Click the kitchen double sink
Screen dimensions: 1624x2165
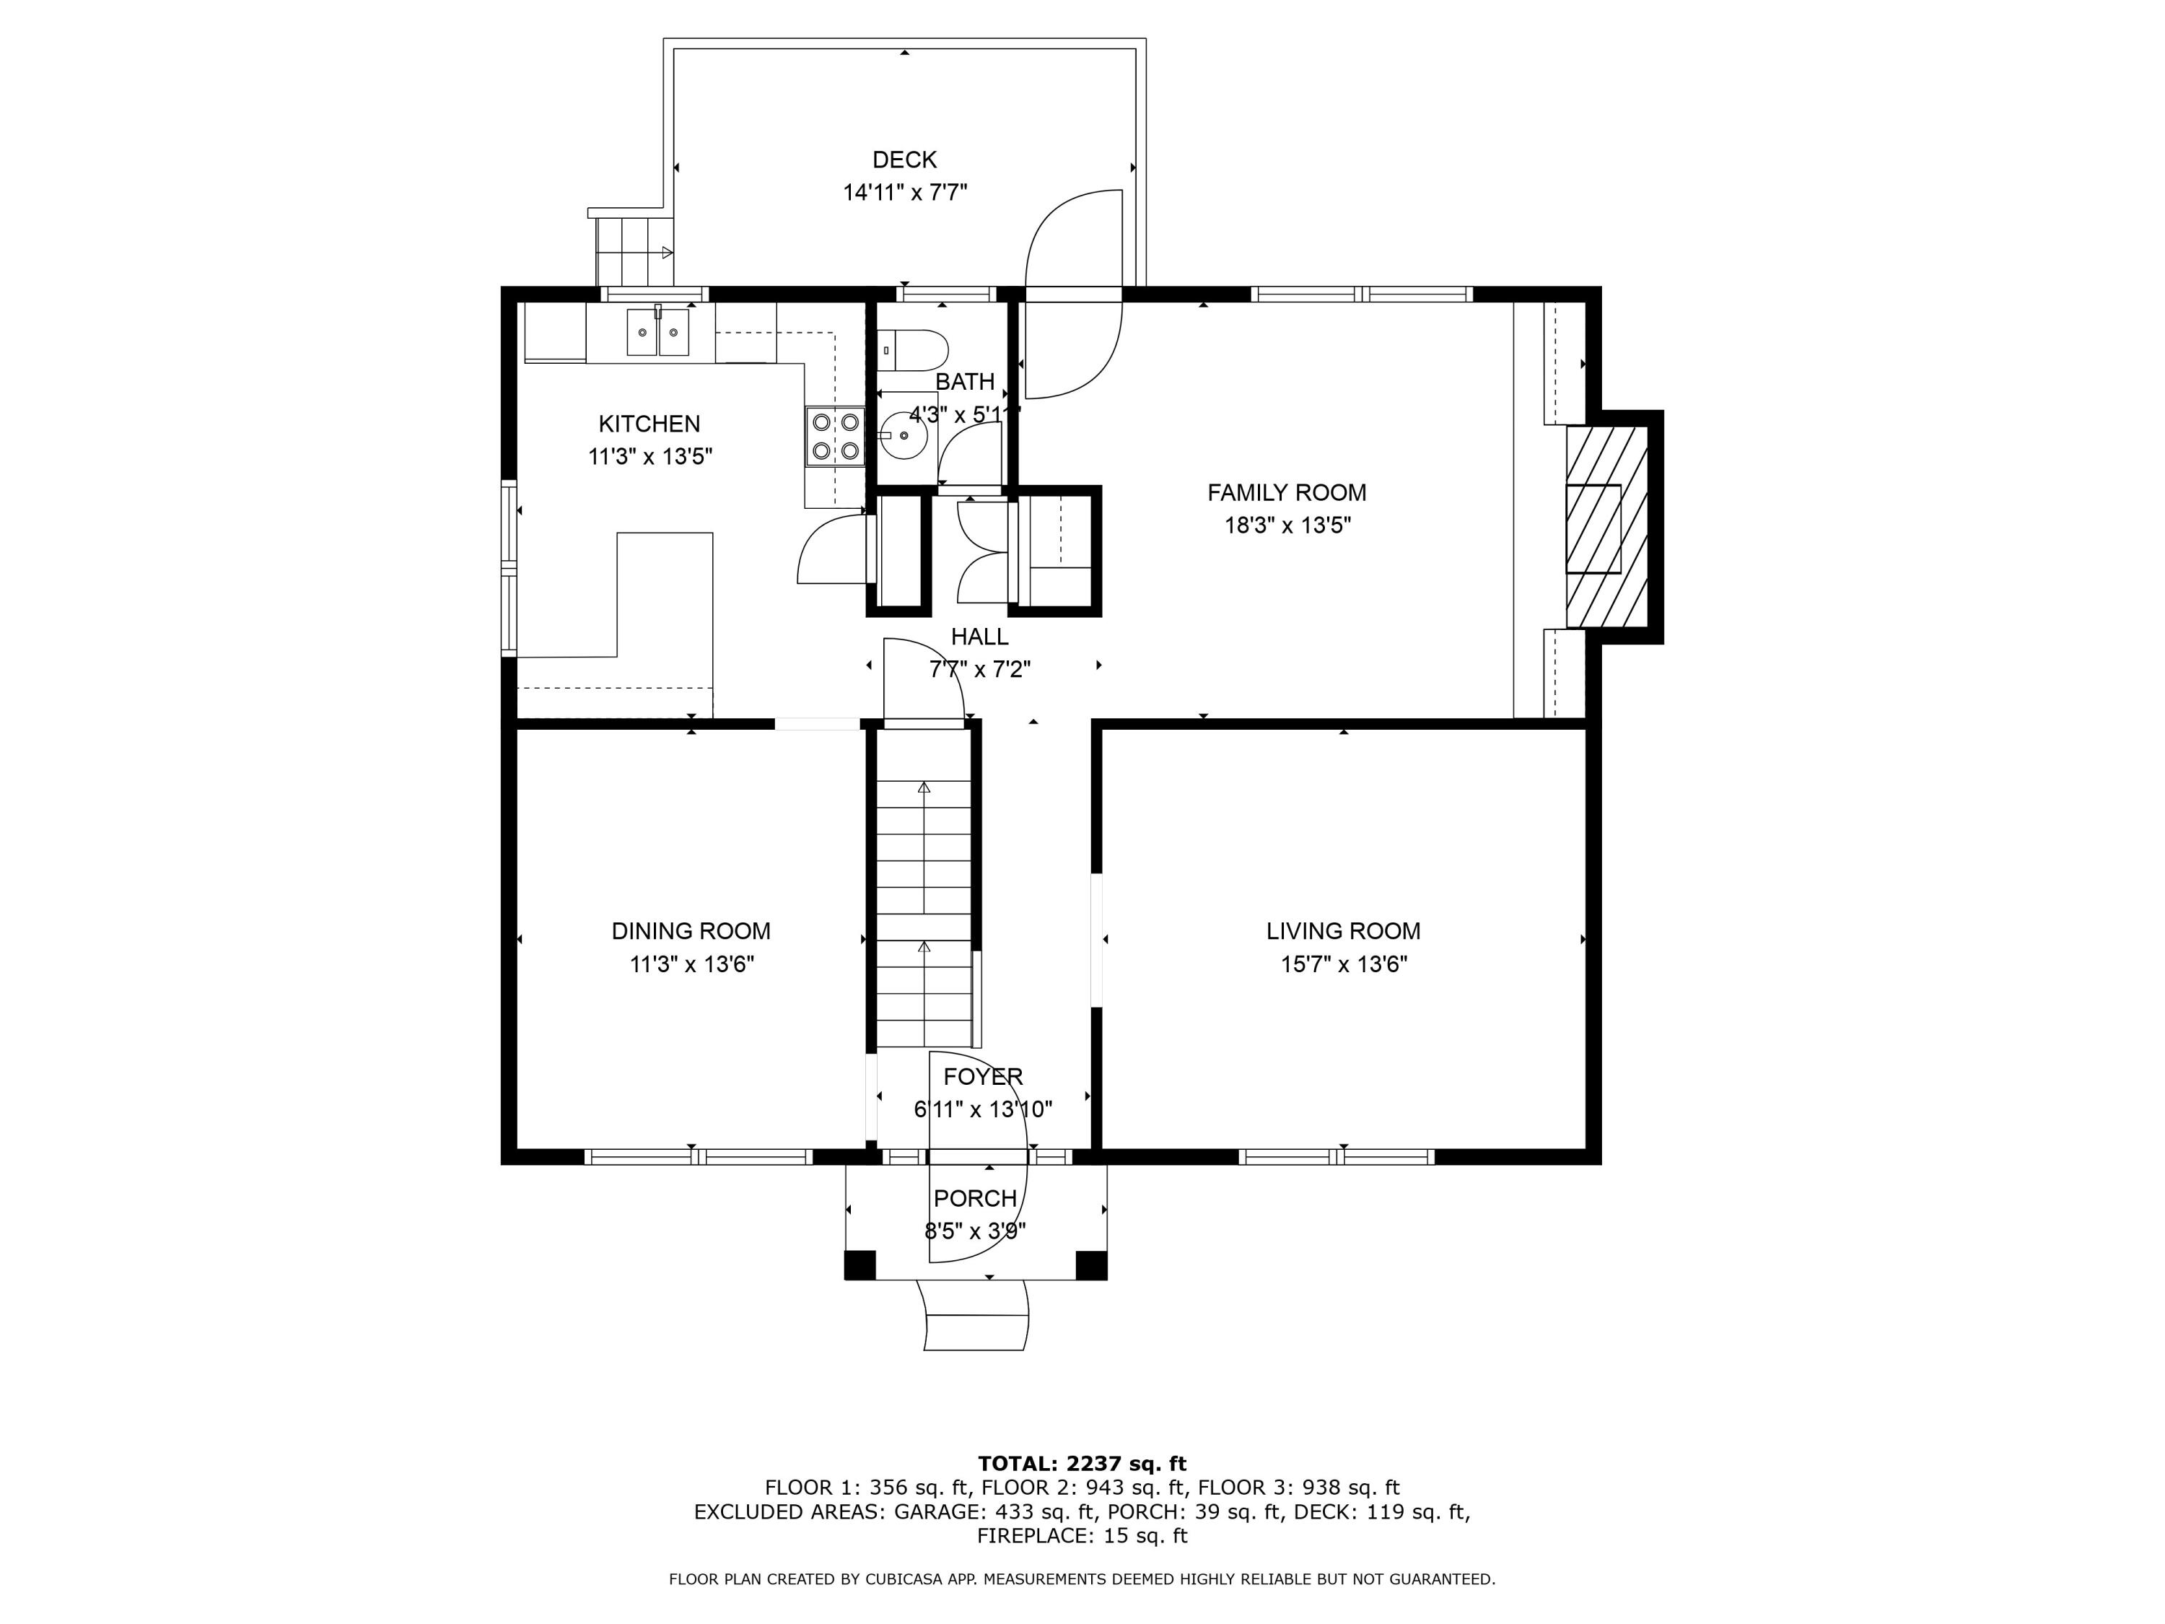[x=657, y=332]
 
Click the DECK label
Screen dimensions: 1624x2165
[x=904, y=160]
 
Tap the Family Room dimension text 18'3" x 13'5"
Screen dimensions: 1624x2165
[x=1287, y=525]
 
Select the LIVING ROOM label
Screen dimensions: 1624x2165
[x=1343, y=931]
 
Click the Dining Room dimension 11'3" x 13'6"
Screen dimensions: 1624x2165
[x=691, y=964]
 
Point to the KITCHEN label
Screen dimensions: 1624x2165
[x=649, y=424]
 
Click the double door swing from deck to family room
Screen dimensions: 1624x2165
[x=1072, y=294]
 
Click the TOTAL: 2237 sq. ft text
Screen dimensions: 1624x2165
[x=1082, y=1464]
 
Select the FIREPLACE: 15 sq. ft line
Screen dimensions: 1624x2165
[x=1082, y=1536]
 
